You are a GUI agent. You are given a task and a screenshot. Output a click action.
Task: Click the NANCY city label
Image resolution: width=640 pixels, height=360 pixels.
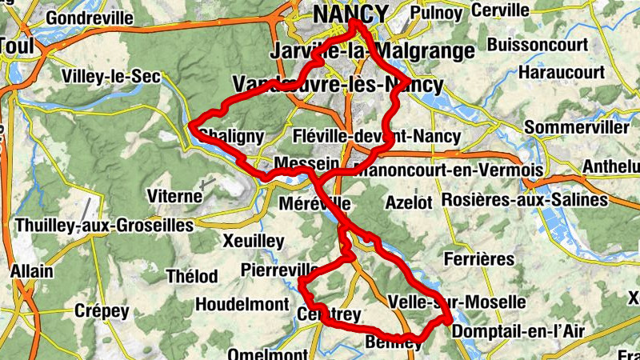(350, 14)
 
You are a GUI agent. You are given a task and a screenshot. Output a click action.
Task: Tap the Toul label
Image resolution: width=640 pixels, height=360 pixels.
(16, 46)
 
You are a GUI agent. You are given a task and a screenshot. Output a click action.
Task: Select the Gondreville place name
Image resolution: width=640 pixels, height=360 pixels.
(90, 18)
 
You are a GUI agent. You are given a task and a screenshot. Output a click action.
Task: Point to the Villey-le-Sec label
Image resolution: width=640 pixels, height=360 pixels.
(111, 77)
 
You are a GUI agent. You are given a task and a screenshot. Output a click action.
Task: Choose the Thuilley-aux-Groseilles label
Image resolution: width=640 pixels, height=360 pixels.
(104, 226)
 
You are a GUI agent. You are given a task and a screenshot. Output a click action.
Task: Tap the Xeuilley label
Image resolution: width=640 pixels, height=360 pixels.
(254, 241)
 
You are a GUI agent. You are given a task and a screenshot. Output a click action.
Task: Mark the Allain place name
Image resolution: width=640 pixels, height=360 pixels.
(32, 271)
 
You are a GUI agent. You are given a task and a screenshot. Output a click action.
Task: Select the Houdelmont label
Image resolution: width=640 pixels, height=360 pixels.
(242, 305)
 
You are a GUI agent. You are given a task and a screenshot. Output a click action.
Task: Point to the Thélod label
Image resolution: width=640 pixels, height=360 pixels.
(191, 277)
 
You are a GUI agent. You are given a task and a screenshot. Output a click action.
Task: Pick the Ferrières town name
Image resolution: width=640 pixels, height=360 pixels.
(478, 259)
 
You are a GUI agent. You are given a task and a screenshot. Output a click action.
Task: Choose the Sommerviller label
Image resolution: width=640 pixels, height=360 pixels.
(576, 128)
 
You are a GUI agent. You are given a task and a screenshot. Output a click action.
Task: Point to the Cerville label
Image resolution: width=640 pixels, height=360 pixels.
(501, 10)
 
